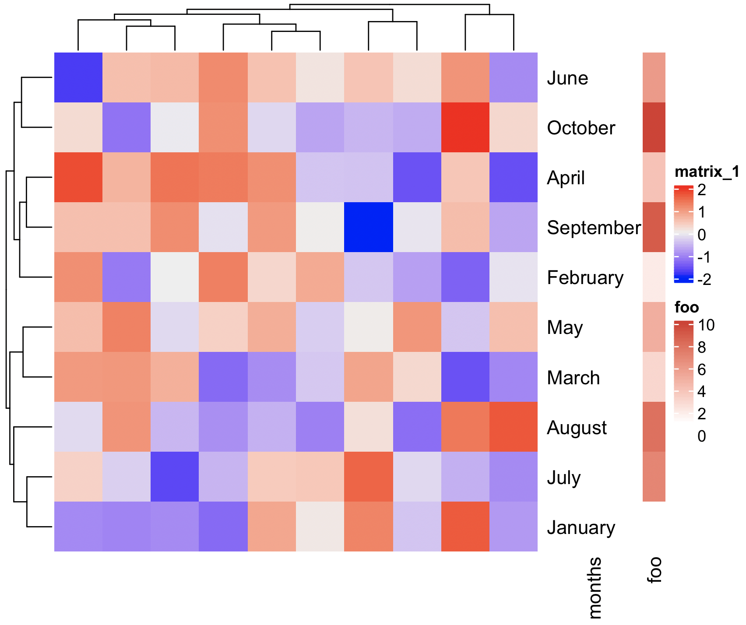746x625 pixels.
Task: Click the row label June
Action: (x=567, y=78)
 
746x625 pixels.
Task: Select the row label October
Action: (x=581, y=128)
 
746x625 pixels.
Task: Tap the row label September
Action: (x=594, y=228)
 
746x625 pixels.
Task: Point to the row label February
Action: (x=585, y=278)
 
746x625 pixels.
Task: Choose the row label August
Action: (x=577, y=428)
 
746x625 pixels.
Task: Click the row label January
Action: (x=581, y=527)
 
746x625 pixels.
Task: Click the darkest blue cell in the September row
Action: (x=368, y=227)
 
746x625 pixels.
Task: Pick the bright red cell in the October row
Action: (x=465, y=127)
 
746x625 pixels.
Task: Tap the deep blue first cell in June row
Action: (x=78, y=77)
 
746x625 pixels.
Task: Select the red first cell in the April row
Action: (x=78, y=177)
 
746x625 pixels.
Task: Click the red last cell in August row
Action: (x=513, y=427)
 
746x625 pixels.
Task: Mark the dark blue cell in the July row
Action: (x=175, y=477)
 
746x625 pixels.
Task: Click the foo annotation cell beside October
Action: (x=654, y=127)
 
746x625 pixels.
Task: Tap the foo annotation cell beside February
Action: (x=654, y=277)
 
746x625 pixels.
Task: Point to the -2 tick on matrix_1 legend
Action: (x=704, y=280)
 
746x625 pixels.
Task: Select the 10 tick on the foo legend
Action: (x=706, y=325)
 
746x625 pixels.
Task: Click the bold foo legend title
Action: (x=686, y=308)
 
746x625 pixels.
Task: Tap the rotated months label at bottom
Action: (x=595, y=587)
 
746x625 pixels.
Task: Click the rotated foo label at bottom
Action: (x=654, y=570)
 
